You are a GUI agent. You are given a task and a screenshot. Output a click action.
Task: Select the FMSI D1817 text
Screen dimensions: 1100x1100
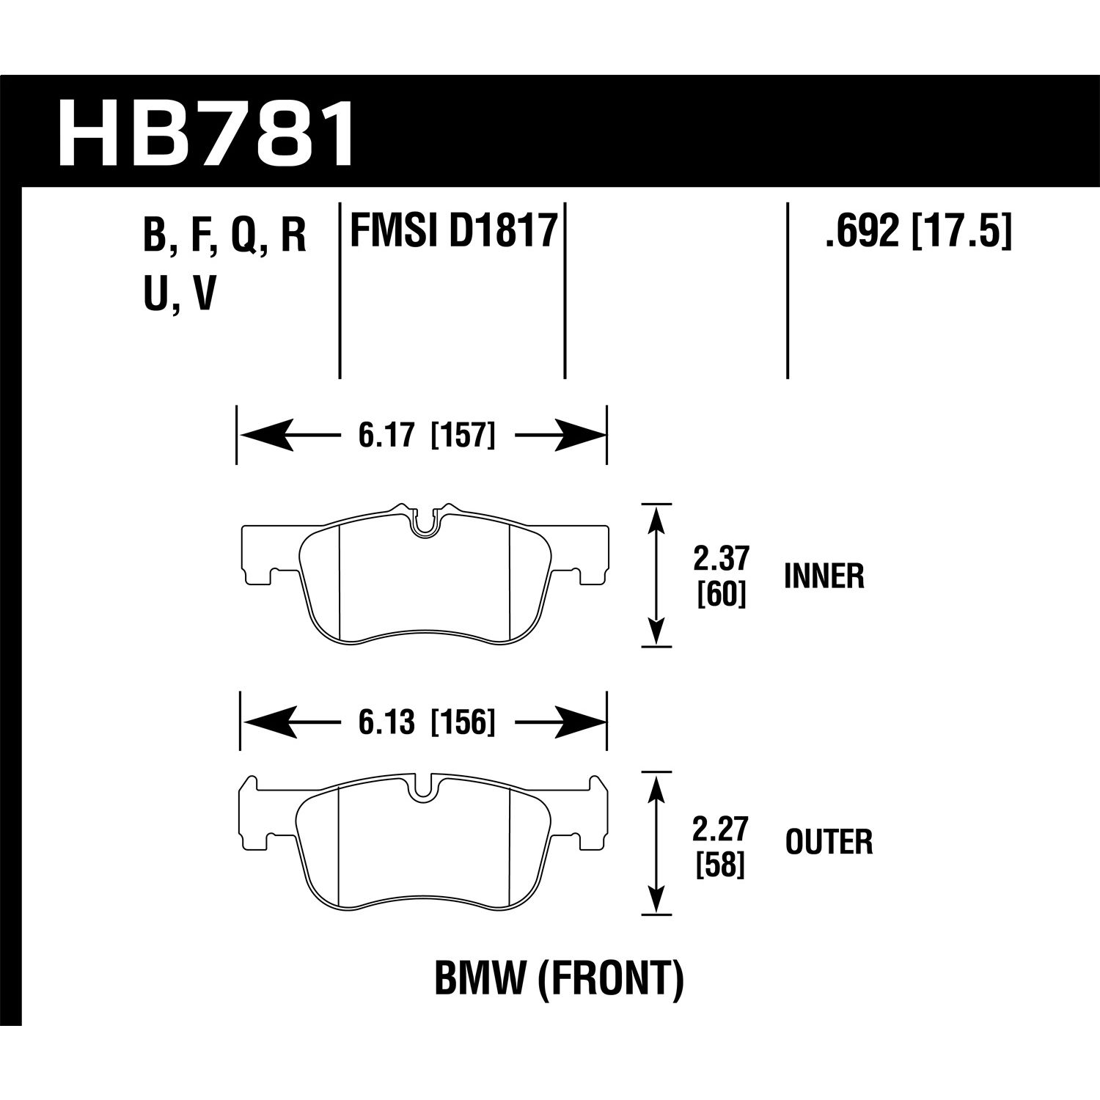452,231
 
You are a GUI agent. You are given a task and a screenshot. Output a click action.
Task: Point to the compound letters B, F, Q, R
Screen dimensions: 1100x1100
225,236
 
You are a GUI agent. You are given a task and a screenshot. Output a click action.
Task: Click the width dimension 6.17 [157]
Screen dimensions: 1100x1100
427,436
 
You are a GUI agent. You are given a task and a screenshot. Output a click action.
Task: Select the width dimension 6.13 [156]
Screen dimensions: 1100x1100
427,723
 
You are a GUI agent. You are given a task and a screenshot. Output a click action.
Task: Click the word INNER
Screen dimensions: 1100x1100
824,577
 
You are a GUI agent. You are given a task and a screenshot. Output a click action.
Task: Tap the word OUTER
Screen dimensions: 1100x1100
829,843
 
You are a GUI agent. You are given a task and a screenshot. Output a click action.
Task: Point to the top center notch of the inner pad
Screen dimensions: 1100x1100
423,523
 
